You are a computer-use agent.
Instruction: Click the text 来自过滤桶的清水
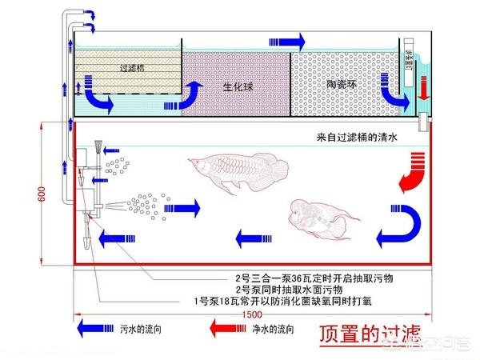[x=361, y=137]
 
